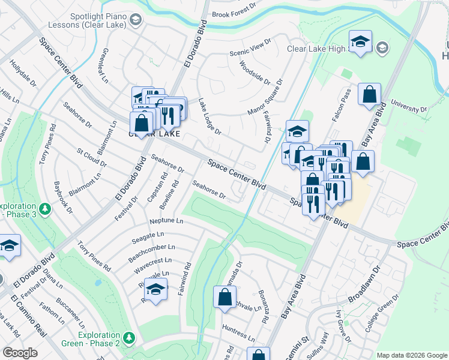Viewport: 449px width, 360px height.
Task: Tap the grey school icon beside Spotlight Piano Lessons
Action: [136, 21]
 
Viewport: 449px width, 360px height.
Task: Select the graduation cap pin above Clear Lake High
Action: [360, 42]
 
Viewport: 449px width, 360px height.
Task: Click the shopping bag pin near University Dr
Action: [369, 95]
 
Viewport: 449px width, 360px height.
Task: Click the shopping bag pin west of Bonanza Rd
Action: [224, 297]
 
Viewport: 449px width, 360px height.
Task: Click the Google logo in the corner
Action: [20, 353]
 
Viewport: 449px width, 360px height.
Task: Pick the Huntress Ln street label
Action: [238, 331]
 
